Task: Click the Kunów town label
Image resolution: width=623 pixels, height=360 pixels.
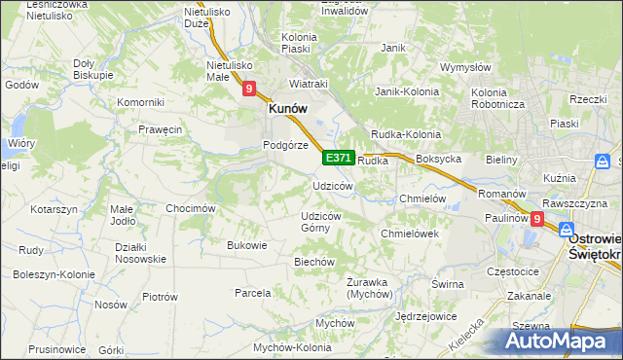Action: (289, 110)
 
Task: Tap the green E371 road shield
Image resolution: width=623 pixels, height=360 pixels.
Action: (338, 158)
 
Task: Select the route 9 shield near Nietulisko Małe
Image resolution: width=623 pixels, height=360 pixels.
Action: (248, 89)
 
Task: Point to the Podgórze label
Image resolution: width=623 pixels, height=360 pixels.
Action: (285, 145)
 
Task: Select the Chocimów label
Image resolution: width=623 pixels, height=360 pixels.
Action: (190, 208)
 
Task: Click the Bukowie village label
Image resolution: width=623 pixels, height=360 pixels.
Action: (246, 245)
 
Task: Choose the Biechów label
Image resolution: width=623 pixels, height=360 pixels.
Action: (314, 262)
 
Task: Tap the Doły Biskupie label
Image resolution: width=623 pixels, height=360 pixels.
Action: (93, 68)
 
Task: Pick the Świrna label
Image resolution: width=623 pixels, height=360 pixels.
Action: (447, 283)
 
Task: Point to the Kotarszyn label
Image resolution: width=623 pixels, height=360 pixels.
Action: (54, 209)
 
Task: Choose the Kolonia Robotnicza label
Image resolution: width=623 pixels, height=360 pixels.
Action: (500, 97)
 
